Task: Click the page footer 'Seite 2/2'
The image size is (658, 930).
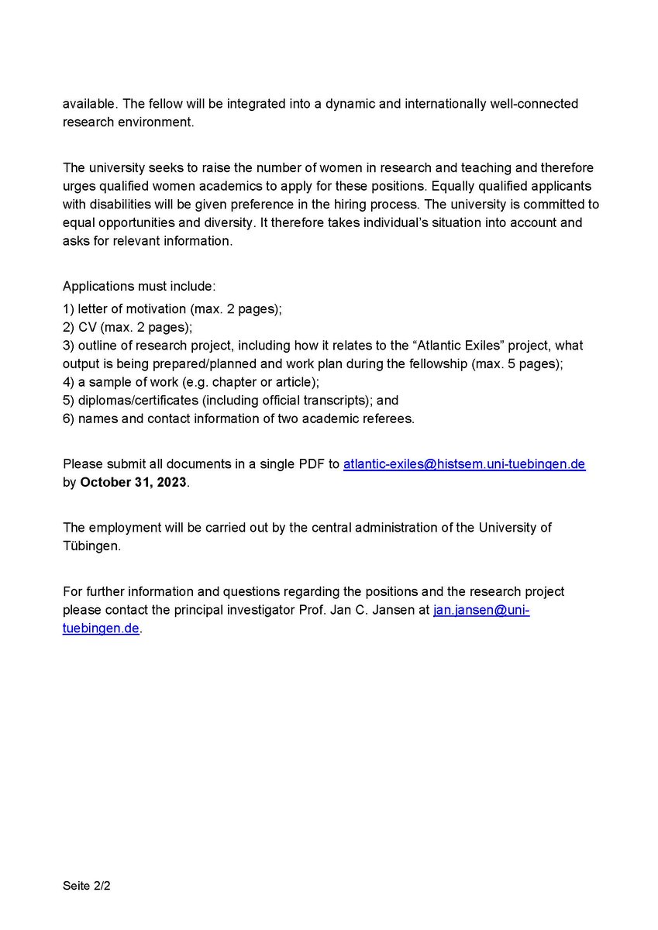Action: [x=87, y=884]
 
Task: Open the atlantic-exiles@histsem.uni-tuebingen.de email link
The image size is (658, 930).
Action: [x=463, y=464]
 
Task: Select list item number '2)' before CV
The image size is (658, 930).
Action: [x=69, y=327]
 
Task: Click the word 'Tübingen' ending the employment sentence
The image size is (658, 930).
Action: [x=91, y=546]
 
